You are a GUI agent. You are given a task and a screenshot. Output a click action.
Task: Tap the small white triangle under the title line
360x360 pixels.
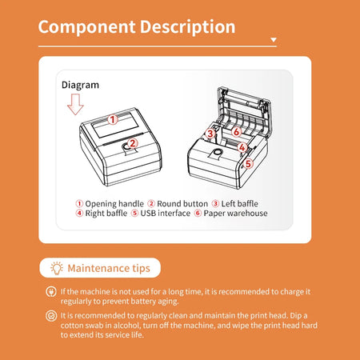(x=274, y=39)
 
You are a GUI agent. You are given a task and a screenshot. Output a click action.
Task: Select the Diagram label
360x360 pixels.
(x=80, y=84)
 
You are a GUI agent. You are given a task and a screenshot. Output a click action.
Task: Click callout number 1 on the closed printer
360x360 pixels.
(x=113, y=119)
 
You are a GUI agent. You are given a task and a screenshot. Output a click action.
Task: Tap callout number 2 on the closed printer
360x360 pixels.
(x=133, y=143)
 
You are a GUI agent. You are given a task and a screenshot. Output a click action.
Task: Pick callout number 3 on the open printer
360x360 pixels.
(x=210, y=134)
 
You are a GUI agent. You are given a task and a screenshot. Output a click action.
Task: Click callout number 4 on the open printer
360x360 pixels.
(x=242, y=147)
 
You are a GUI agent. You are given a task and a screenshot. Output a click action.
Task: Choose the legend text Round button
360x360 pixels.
(x=181, y=204)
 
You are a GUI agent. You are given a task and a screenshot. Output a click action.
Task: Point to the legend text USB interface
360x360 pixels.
(x=166, y=214)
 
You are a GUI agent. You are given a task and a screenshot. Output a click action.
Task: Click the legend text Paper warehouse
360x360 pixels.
(x=234, y=214)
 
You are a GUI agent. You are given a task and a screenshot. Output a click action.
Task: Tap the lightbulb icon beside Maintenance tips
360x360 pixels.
(x=56, y=268)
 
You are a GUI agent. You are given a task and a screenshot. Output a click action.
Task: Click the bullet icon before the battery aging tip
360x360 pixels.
(x=51, y=293)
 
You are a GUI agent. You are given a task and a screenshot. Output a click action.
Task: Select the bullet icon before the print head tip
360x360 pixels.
(x=51, y=317)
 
